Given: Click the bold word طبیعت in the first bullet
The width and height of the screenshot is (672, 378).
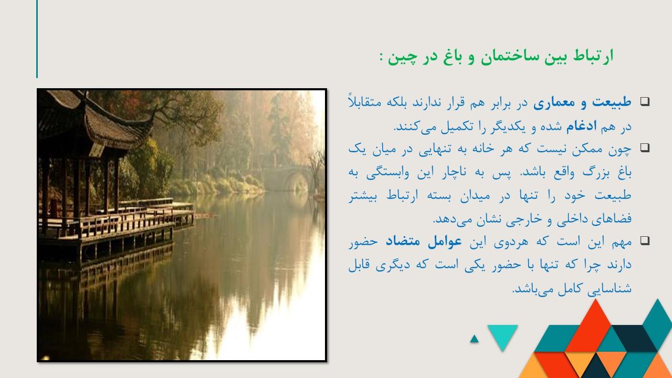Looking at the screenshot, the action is (x=612, y=102).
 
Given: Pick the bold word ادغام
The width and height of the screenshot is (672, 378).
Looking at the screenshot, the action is (x=581, y=127).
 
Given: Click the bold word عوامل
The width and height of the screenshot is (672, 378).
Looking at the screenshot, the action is (x=445, y=241).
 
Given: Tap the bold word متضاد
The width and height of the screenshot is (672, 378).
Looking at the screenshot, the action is (x=403, y=241).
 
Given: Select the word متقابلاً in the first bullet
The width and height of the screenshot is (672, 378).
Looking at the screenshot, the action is (x=364, y=102).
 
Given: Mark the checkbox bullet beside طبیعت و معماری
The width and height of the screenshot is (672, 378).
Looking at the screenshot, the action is (x=645, y=102).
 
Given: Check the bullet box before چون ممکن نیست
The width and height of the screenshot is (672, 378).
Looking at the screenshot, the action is (x=645, y=148).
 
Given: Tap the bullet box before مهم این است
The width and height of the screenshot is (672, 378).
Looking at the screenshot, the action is (x=645, y=240).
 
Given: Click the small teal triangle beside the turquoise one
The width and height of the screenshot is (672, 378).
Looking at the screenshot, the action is (x=474, y=339).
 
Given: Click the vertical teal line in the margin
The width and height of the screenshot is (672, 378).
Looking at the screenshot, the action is (x=37, y=39).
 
